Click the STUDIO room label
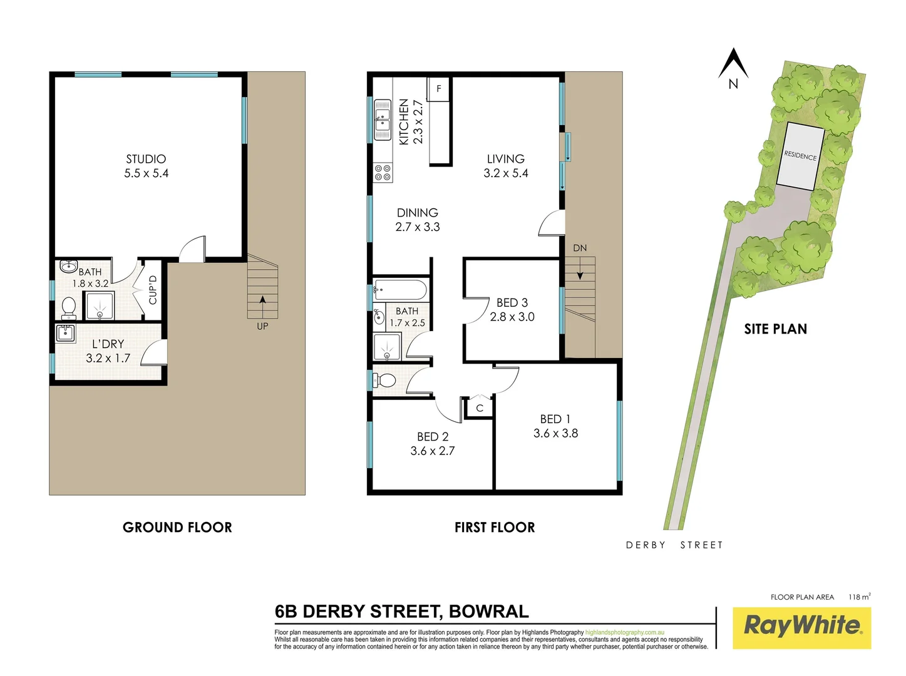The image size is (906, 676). pyautogui.click(x=146, y=160)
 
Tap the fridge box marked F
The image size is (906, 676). pyautogui.click(x=439, y=89)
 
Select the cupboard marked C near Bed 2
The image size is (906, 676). pyautogui.click(x=480, y=408)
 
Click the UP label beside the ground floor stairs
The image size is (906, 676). pyautogui.click(x=262, y=326)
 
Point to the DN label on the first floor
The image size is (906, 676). pyautogui.click(x=580, y=248)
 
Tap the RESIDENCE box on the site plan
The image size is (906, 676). pyautogui.click(x=800, y=155)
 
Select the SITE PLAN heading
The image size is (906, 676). pyautogui.click(x=775, y=329)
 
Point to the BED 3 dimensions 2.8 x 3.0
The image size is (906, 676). pyautogui.click(x=512, y=317)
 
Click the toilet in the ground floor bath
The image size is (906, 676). pyautogui.click(x=69, y=307)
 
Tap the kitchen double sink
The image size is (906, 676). pyautogui.click(x=382, y=120)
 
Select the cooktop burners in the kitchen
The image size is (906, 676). pyautogui.click(x=383, y=173)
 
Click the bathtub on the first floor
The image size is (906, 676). pyautogui.click(x=400, y=290)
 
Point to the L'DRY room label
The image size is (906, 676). pyautogui.click(x=108, y=344)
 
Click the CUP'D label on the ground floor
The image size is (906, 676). pyautogui.click(x=153, y=290)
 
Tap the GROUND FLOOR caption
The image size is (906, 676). pyautogui.click(x=177, y=528)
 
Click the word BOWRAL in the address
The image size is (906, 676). pyautogui.click(x=488, y=612)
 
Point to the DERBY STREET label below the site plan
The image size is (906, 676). pyautogui.click(x=674, y=545)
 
